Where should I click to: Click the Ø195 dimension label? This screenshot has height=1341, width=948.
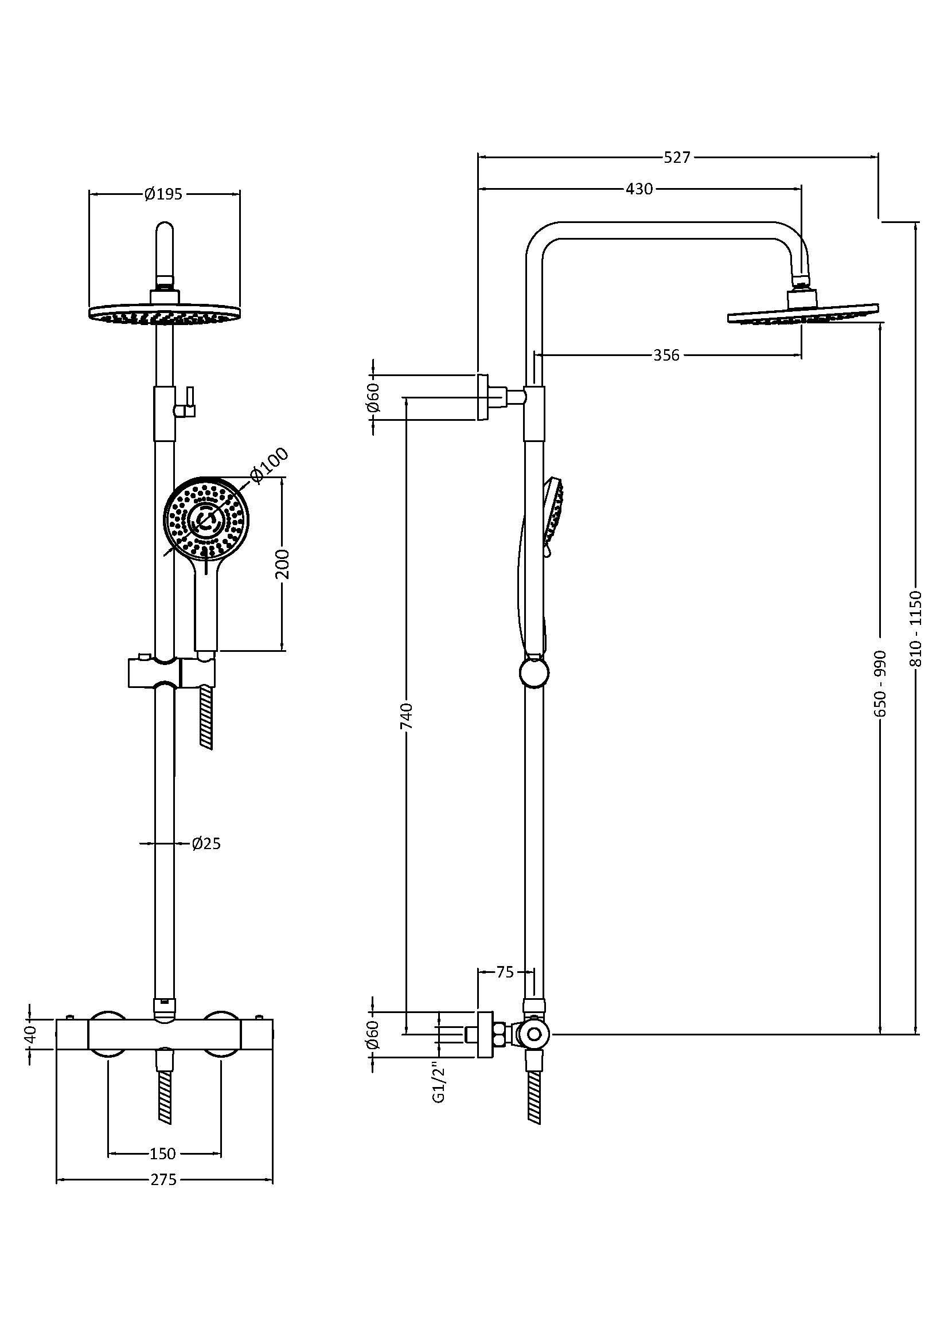point(163,194)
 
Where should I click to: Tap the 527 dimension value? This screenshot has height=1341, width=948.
point(677,157)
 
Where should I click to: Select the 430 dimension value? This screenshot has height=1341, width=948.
point(639,189)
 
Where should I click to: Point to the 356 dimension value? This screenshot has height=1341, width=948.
point(666,354)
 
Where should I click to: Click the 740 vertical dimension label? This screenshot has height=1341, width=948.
point(407,716)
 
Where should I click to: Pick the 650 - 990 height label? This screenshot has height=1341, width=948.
point(881,683)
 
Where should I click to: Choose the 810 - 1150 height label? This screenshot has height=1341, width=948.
point(915,630)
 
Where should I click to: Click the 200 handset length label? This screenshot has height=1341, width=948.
point(283,563)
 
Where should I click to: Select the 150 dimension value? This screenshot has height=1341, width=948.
point(162,1154)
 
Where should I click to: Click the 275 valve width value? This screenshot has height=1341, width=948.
point(163,1180)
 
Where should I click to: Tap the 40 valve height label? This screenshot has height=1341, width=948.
point(32,1033)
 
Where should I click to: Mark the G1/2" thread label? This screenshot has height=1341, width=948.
point(439,1083)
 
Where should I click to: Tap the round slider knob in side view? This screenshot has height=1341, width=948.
point(534,673)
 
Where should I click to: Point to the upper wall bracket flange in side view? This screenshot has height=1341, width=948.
point(482,397)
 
